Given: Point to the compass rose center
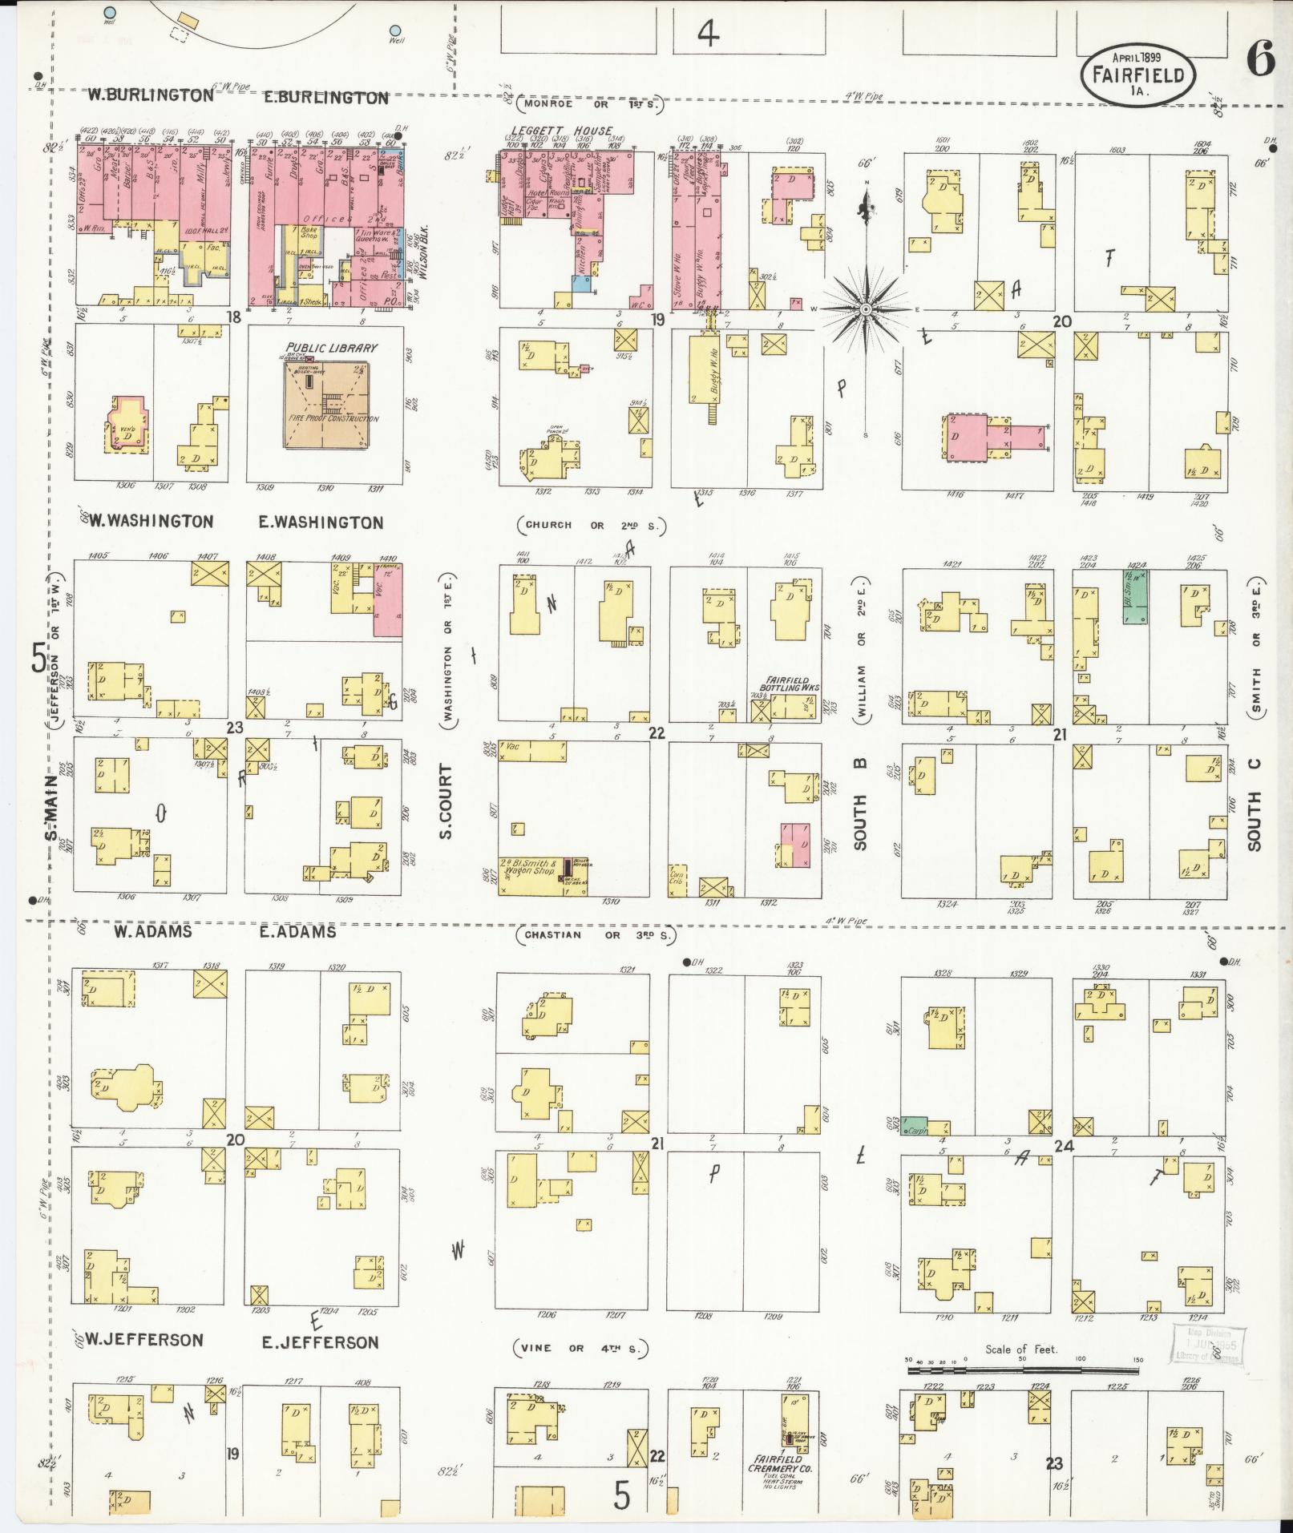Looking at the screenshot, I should click(866, 309).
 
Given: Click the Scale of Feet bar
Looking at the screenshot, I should click(1022, 1371).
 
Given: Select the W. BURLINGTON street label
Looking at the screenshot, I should click(151, 95).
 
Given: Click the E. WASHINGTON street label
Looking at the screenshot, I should click(321, 522).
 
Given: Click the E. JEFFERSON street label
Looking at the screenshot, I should click(321, 1341).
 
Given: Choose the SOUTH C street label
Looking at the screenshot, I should click(1254, 804).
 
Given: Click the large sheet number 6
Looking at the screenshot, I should click(1261, 61).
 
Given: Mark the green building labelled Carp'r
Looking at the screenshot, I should click(915, 1126).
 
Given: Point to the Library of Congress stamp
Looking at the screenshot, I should click(1205, 1343).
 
